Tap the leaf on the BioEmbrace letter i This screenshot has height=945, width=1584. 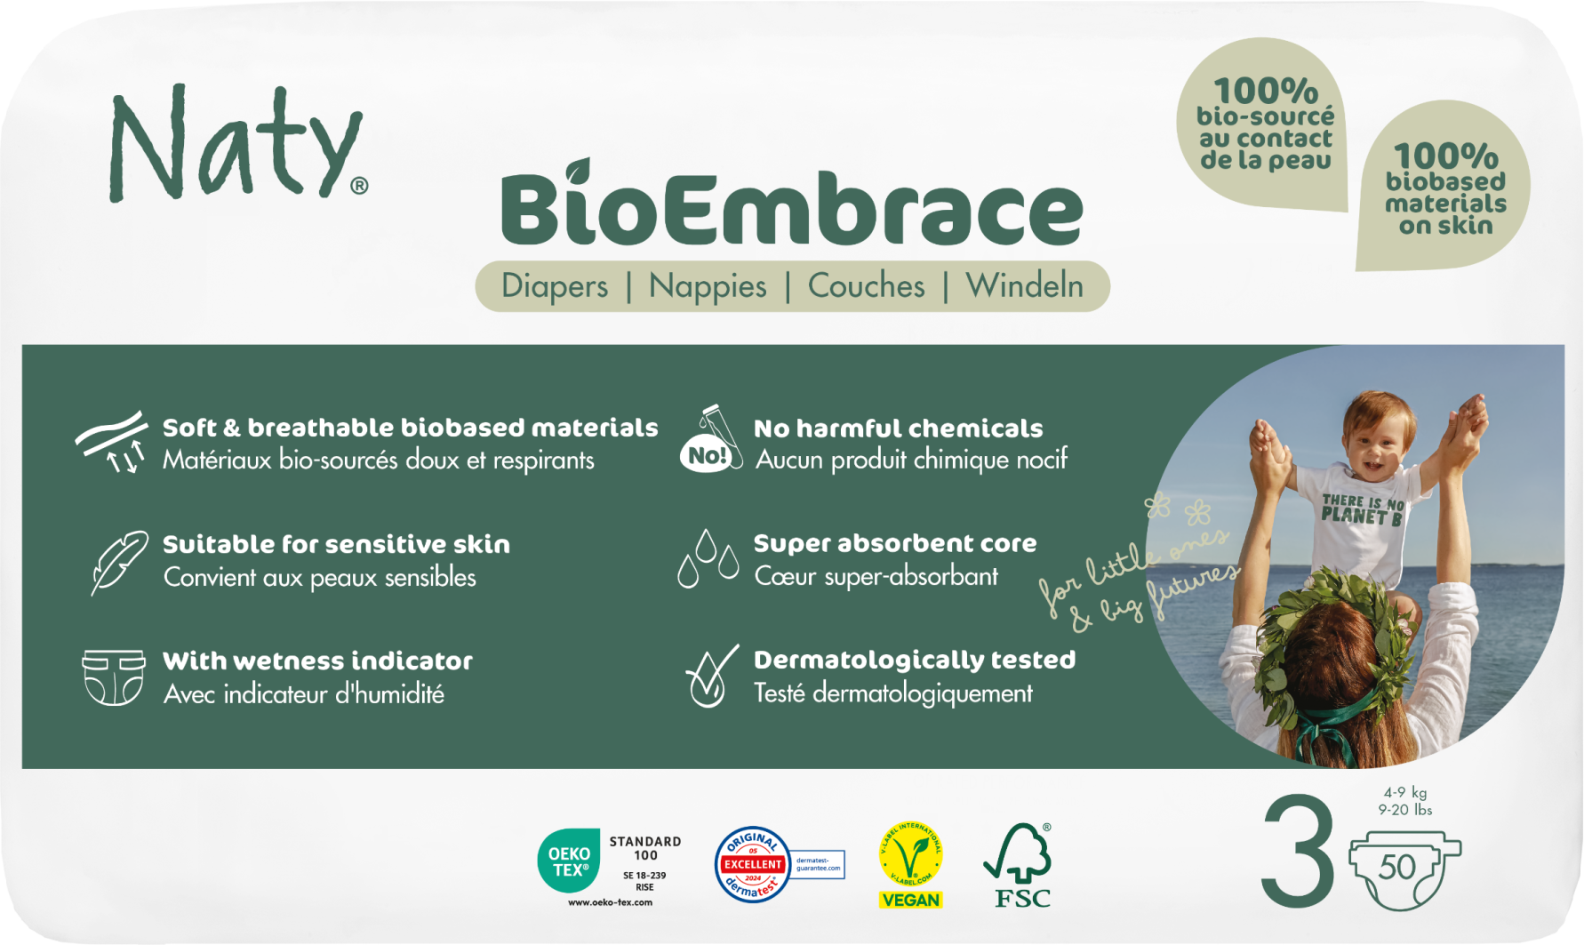[579, 169]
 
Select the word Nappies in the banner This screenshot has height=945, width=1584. [708, 286]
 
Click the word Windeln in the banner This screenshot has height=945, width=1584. [1025, 286]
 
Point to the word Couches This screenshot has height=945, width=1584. [866, 286]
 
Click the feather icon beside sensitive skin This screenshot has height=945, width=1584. [118, 562]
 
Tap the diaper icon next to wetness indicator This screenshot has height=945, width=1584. [113, 677]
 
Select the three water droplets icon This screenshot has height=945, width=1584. [708, 559]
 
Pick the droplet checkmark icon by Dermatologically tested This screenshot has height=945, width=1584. [710, 677]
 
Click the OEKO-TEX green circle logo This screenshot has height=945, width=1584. [569, 861]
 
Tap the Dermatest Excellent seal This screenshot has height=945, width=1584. [753, 864]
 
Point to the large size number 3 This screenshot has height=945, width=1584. [1298, 851]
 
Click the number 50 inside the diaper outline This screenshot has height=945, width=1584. [1397, 867]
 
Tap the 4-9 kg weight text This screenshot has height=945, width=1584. [1405, 792]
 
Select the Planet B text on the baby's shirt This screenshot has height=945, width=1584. [1361, 510]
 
